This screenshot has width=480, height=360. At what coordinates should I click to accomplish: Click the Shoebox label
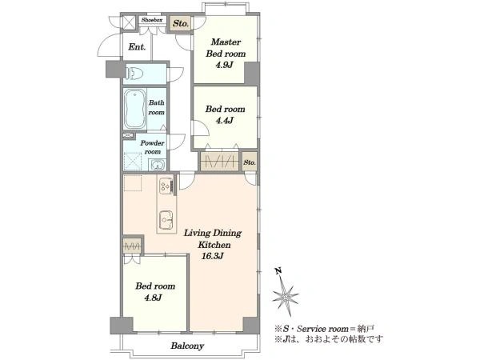[x=152, y=20]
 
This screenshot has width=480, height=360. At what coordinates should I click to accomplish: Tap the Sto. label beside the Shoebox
[x=181, y=23]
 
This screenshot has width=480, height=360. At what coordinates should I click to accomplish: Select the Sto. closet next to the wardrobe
[x=250, y=162]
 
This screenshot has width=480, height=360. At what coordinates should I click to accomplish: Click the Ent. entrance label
[x=137, y=47]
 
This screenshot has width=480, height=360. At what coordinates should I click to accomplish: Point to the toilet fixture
[x=134, y=74]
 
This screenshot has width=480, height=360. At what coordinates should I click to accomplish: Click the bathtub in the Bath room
[x=134, y=109]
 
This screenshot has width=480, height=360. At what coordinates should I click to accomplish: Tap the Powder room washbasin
[x=158, y=166]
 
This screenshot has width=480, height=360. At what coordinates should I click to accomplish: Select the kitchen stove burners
[x=166, y=186]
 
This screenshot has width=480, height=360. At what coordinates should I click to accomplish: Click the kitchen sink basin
[x=166, y=220]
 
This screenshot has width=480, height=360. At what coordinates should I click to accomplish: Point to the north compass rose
[x=286, y=296]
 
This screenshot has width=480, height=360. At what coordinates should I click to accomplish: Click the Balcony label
[x=187, y=346]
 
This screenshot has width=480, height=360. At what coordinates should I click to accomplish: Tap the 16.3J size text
[x=213, y=256]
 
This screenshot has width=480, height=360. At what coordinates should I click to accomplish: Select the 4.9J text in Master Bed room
[x=225, y=65]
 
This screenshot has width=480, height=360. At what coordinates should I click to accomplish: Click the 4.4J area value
[x=225, y=120]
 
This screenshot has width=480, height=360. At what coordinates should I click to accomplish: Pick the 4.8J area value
[x=153, y=298]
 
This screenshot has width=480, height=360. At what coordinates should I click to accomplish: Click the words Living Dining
[x=213, y=234]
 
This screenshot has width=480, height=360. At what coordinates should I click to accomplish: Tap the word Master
[x=226, y=42]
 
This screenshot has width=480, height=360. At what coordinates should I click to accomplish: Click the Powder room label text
[x=153, y=147]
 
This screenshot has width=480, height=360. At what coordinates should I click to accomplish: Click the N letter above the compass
[x=278, y=270]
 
